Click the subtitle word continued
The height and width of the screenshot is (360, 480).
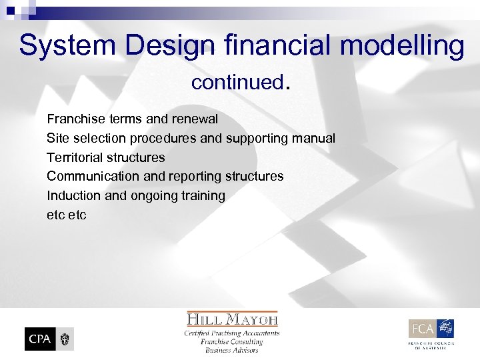[239, 83]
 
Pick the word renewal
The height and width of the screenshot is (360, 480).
[195, 119]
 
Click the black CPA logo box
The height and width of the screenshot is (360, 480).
[39, 339]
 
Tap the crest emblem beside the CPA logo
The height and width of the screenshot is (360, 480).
[65, 339]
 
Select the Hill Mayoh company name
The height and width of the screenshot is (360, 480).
[232, 319]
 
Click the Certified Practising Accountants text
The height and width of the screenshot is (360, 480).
[232, 333]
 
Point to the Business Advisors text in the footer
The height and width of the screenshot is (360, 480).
[232, 350]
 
